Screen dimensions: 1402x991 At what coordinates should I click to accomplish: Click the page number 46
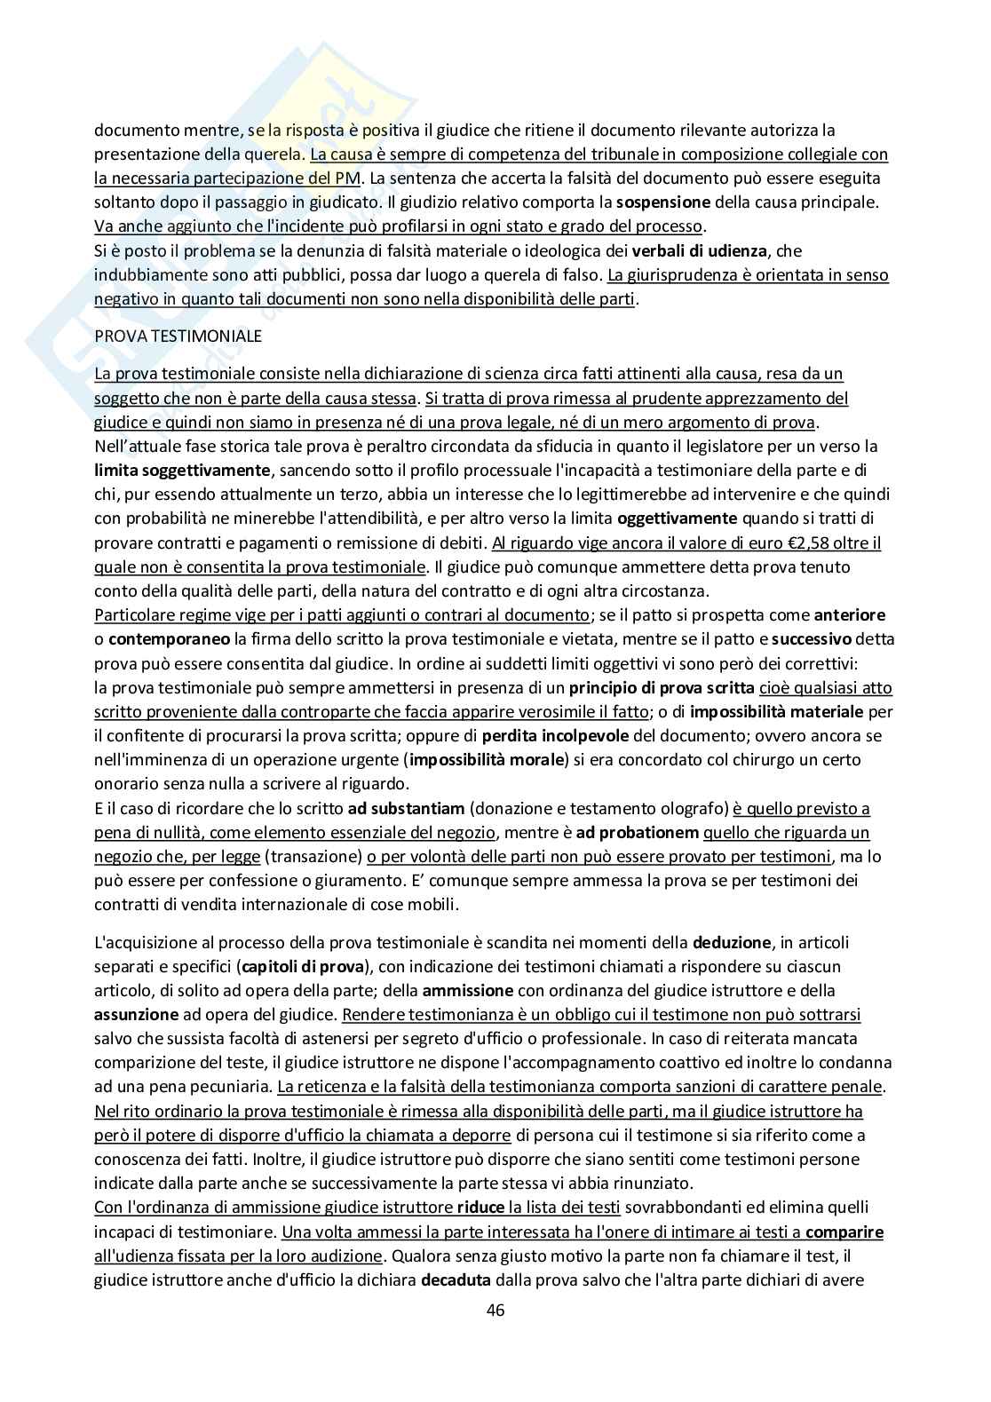click(x=495, y=1311)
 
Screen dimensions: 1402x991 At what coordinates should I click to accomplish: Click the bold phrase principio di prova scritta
click(x=662, y=687)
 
